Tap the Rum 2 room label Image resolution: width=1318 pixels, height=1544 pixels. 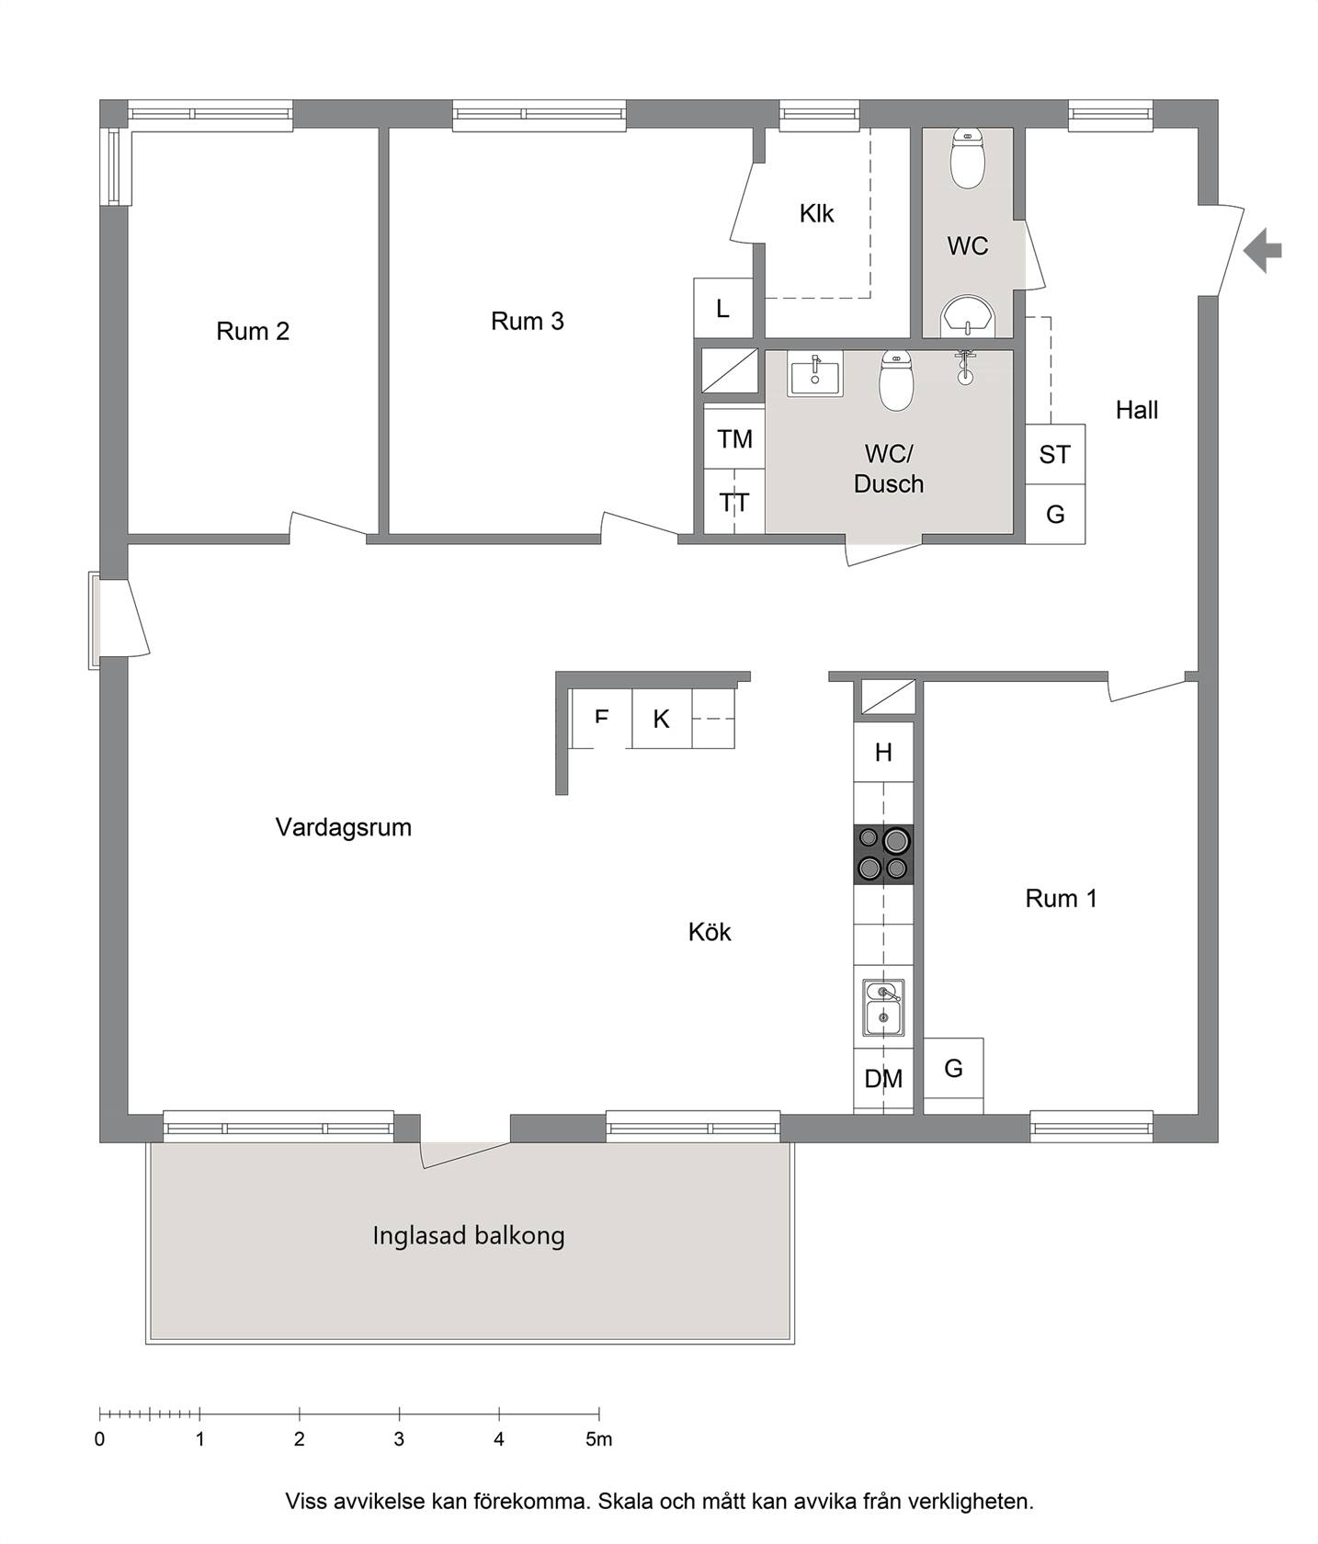[253, 331]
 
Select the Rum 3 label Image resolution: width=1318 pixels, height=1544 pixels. [528, 321]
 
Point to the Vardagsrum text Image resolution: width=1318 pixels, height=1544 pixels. [344, 827]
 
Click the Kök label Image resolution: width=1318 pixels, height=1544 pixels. [710, 932]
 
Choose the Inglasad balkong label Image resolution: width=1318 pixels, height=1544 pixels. [469, 1235]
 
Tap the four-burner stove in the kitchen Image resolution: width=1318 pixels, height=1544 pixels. [883, 854]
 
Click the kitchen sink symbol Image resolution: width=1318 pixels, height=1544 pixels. [883, 1006]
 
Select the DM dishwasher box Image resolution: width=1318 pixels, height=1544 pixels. [883, 1080]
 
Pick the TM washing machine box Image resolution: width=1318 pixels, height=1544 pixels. [734, 438]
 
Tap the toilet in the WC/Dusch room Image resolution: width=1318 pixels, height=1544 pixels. [896, 380]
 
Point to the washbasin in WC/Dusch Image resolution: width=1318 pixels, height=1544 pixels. [814, 374]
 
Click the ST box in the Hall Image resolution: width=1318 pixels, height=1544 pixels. [1055, 454]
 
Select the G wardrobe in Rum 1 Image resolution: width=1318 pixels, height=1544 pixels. [953, 1069]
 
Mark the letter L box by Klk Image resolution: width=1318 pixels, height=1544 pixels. [723, 308]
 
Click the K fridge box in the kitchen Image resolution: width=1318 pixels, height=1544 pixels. [662, 718]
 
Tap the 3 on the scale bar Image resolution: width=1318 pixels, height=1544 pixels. [399, 1439]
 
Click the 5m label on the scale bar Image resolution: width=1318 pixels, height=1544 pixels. [599, 1439]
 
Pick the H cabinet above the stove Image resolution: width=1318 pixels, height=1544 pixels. [883, 753]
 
